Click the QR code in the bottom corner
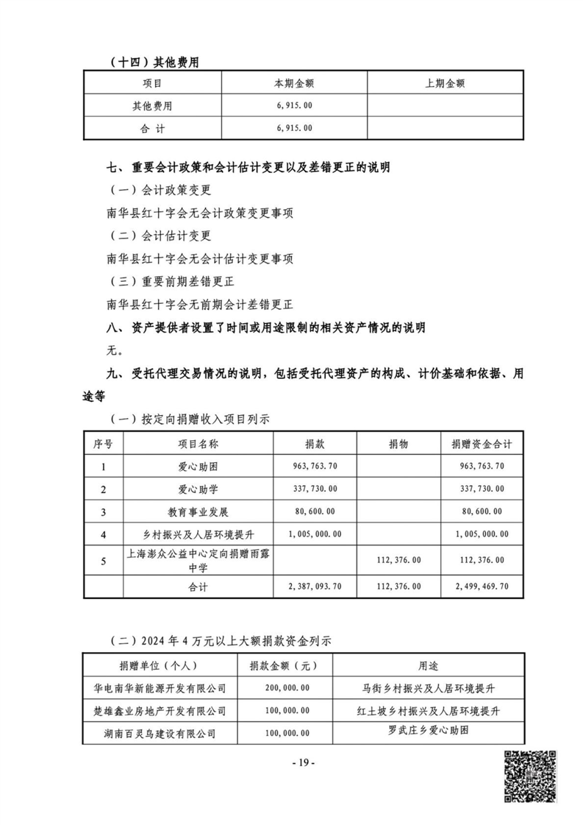(529, 776)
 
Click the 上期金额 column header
(445, 83)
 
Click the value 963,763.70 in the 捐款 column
(314, 466)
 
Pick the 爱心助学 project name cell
(198, 488)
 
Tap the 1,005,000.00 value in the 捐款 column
(314, 534)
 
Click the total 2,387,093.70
(314, 587)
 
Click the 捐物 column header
(400, 445)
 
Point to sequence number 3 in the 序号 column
(103, 511)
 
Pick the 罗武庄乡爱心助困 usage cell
(428, 732)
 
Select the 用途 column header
(428, 666)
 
